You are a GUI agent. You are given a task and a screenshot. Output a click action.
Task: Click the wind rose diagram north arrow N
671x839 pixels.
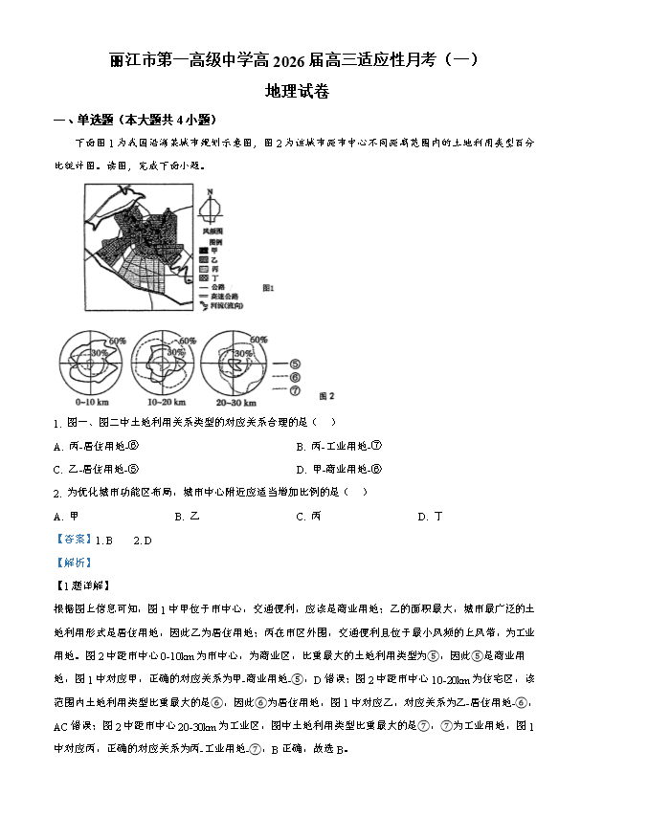click(x=209, y=193)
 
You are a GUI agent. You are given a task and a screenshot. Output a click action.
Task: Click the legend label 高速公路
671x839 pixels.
click(x=225, y=297)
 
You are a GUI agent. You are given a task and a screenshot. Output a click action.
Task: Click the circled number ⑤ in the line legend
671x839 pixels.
click(x=294, y=364)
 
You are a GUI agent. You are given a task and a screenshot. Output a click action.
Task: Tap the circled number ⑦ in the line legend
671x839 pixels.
click(x=294, y=390)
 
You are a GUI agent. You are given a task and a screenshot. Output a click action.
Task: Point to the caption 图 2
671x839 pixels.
click(x=325, y=395)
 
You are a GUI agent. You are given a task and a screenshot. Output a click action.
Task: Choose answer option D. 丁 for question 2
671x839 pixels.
click(x=430, y=516)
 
